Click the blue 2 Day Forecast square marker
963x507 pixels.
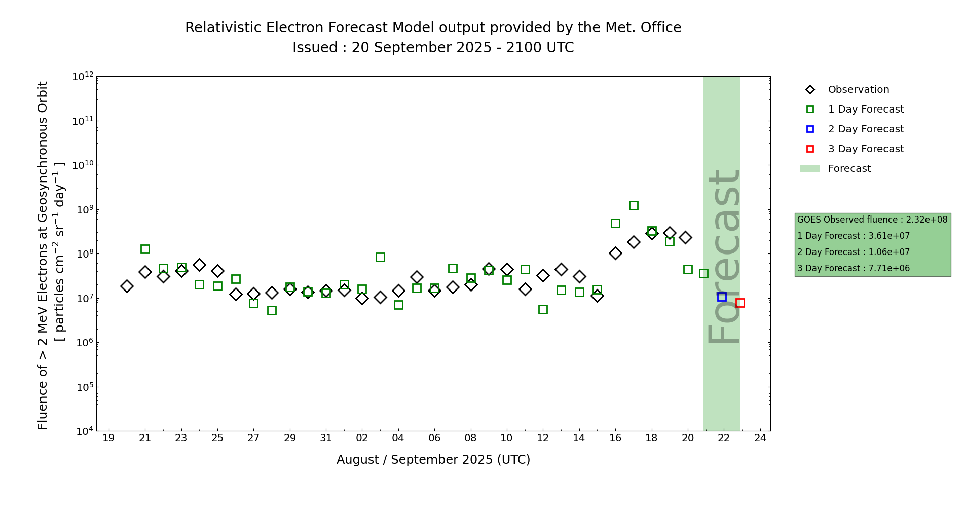(722, 297)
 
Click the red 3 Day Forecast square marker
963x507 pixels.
(740, 303)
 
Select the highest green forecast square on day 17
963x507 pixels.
(634, 205)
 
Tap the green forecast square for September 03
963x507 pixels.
(380, 257)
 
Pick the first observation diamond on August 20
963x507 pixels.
(127, 286)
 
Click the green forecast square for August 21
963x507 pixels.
(145, 249)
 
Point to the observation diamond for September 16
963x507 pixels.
(615, 253)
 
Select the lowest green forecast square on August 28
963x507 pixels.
(272, 310)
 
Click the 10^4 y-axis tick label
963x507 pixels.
(84, 431)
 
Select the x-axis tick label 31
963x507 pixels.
(326, 438)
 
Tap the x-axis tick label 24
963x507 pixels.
(760, 438)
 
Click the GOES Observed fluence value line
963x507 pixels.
(872, 220)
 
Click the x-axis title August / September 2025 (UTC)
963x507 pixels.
(433, 460)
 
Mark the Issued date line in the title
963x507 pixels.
(433, 48)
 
